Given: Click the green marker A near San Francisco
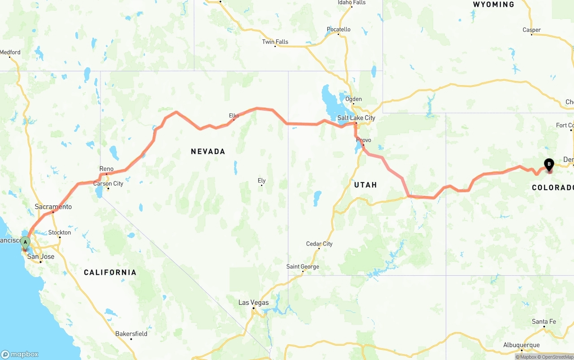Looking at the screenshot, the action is tap(26, 243).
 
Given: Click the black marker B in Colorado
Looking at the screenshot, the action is tap(549, 165).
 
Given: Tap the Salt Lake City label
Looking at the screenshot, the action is tap(356, 118).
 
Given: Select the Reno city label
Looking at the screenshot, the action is tap(106, 169).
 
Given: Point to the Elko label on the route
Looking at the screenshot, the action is tap(234, 116).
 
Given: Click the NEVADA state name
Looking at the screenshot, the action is tap(208, 152).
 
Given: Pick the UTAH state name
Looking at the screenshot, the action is tap(365, 185).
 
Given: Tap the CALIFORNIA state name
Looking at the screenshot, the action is tap(110, 272).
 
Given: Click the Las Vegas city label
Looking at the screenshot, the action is tap(253, 303).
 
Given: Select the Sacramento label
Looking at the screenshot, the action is tap(53, 207).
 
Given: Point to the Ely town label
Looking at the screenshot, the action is tap(261, 181).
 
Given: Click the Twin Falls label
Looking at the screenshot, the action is tap(275, 42).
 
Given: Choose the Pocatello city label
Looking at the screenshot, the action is tap(339, 30).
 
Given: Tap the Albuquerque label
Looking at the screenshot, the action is tap(522, 345).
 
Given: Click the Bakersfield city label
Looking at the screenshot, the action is tap(131, 334).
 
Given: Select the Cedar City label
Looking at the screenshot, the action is tap(319, 244).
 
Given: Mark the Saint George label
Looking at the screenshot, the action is tap(303, 267).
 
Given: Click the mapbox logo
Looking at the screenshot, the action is tap(20, 354).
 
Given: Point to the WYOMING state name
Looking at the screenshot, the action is tap(493, 4).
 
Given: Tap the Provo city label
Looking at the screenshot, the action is tap(364, 140).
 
